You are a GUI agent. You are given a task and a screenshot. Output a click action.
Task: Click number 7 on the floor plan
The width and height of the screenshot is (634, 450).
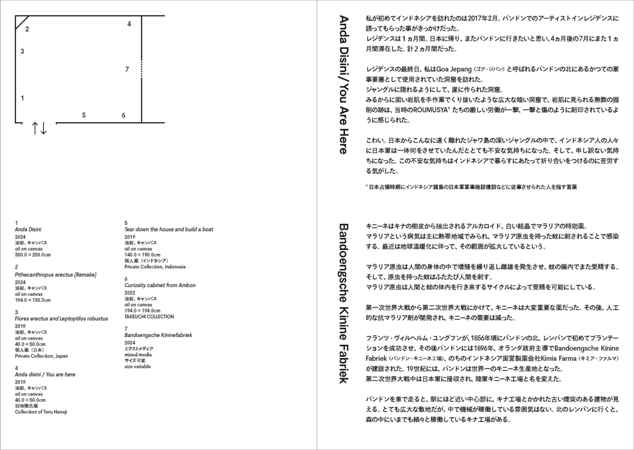[127, 69]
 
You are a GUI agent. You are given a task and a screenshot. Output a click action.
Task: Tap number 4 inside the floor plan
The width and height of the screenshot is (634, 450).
[129, 24]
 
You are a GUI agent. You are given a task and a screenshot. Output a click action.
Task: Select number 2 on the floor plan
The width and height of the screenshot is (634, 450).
[27, 30]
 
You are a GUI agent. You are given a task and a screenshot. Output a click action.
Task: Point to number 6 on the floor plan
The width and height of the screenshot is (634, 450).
[123, 115]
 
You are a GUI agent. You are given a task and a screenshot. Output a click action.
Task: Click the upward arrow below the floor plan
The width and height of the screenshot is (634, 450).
[35, 128]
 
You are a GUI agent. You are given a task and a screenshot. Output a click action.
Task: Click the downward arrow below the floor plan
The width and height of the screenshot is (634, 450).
[44, 128]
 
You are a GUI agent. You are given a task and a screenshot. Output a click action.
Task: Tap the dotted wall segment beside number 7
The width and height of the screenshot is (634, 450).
[142, 69]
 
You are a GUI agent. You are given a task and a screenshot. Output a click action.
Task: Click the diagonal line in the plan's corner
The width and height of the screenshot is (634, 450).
[22, 22]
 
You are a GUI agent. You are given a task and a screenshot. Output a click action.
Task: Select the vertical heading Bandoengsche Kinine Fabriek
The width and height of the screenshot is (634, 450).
[343, 304]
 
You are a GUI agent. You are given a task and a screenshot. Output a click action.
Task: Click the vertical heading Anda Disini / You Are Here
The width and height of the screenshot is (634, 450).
[343, 85]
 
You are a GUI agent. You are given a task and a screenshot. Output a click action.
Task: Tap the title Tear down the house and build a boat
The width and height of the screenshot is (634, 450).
[169, 229]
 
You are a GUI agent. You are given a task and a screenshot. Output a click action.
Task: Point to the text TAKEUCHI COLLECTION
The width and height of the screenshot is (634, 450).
[149, 317]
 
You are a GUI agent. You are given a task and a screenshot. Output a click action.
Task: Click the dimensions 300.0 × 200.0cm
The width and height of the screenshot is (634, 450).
[33, 254]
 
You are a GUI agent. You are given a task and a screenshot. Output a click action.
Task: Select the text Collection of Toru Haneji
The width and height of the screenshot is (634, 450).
[41, 411]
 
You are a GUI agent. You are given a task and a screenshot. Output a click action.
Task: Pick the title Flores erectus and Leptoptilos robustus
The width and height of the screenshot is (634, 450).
[61, 319]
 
